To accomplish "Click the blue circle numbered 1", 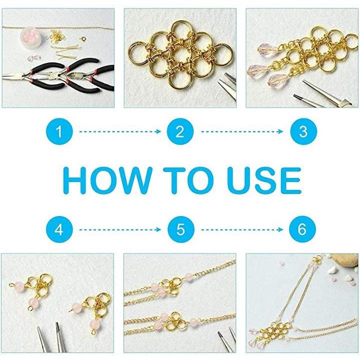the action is click(59, 131).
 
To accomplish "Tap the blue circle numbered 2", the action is click(180, 131).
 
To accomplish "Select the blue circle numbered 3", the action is click(303, 131).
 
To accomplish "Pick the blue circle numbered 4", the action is click(59, 229).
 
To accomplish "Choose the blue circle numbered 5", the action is click(181, 229).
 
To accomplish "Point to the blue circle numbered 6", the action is click(302, 229).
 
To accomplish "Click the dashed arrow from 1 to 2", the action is click(120, 131).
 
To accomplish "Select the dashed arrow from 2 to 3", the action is click(242, 131).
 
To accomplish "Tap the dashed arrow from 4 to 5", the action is click(120, 229).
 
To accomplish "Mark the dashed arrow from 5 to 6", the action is click(242, 229).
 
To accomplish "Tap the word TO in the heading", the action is click(188, 180).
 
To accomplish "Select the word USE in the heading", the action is click(264, 180).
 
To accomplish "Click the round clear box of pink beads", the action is click(30, 37).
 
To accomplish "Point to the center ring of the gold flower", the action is click(180, 55).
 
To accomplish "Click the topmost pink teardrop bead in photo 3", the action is click(267, 49).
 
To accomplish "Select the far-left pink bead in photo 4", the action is click(19, 287).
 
